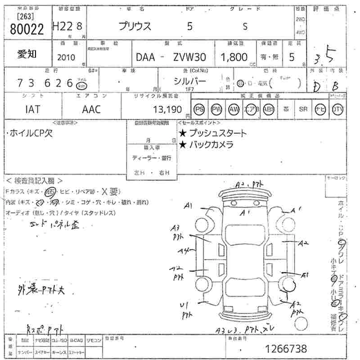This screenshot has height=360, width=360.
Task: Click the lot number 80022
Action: point(26,29)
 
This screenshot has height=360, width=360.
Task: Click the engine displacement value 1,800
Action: point(234,57)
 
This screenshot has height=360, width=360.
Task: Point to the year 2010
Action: point(67,58)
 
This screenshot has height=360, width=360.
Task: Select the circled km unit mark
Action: point(81,85)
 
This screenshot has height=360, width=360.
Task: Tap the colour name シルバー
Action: point(190,81)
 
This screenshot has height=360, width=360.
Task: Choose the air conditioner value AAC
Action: point(91,109)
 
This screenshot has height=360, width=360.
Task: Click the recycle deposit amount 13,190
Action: point(167,109)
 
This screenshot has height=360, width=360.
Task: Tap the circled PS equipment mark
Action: point(199,109)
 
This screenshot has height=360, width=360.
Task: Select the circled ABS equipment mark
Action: point(268,109)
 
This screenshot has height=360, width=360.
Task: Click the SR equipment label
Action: point(303,109)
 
